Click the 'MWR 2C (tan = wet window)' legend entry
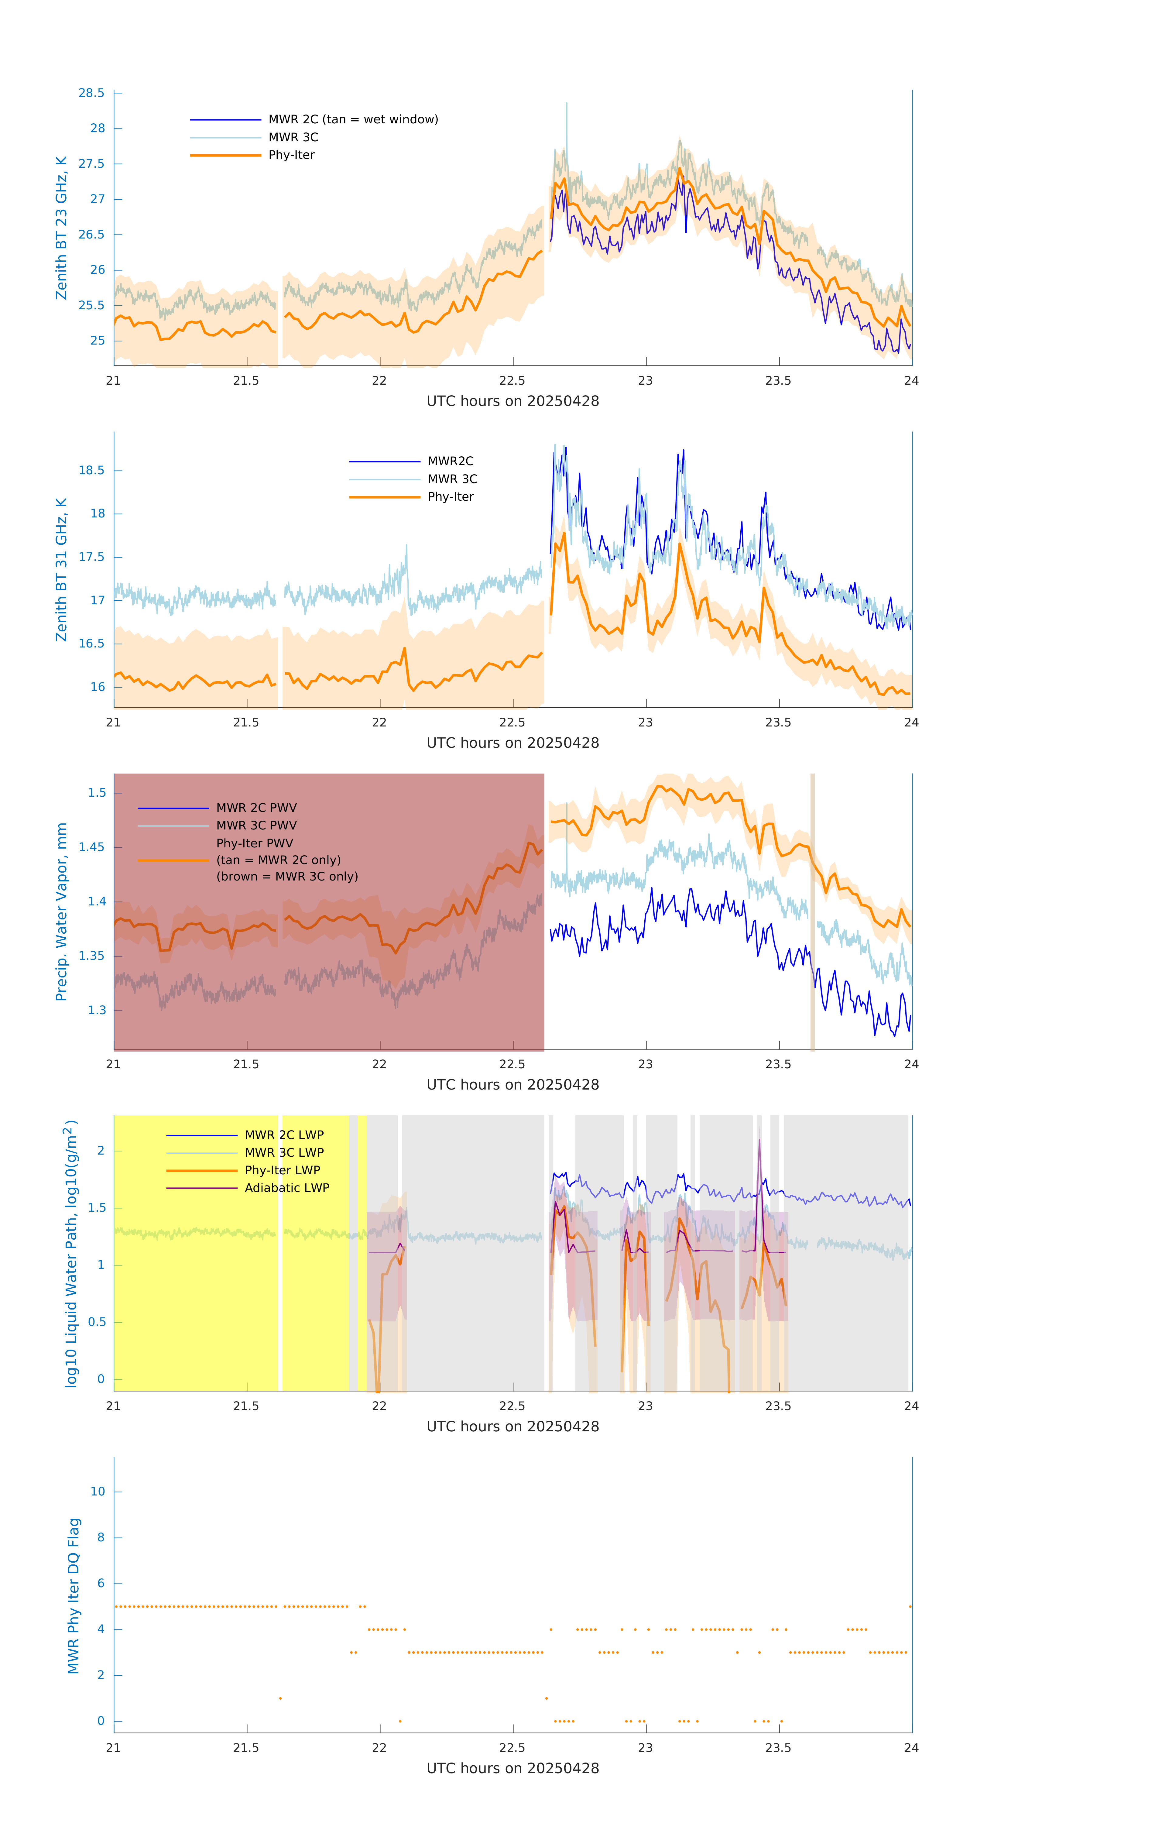click(353, 120)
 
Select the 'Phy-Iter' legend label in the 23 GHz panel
click(291, 155)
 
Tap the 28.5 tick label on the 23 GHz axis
click(92, 93)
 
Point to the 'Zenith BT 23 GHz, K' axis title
click(61, 228)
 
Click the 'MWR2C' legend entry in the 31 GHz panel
click(451, 461)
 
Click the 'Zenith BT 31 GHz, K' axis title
click(61, 569)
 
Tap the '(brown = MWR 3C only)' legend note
click(287, 877)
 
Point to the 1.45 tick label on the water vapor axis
click(92, 847)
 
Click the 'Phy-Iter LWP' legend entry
click(282, 1170)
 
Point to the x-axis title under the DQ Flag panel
click(512, 1769)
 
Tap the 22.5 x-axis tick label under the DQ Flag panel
click(512, 1748)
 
